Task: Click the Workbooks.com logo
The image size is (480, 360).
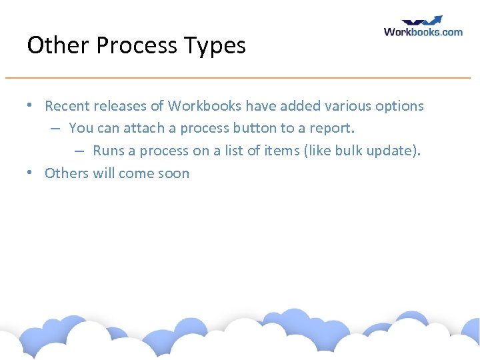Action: point(423,27)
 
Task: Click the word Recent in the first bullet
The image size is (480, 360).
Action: point(67,106)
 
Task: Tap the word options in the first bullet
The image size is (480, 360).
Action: point(399,106)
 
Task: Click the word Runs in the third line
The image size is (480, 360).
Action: point(109,151)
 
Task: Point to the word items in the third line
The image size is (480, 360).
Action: point(282,151)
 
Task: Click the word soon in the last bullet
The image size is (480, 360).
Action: point(173,173)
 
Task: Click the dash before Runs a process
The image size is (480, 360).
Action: point(79,151)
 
